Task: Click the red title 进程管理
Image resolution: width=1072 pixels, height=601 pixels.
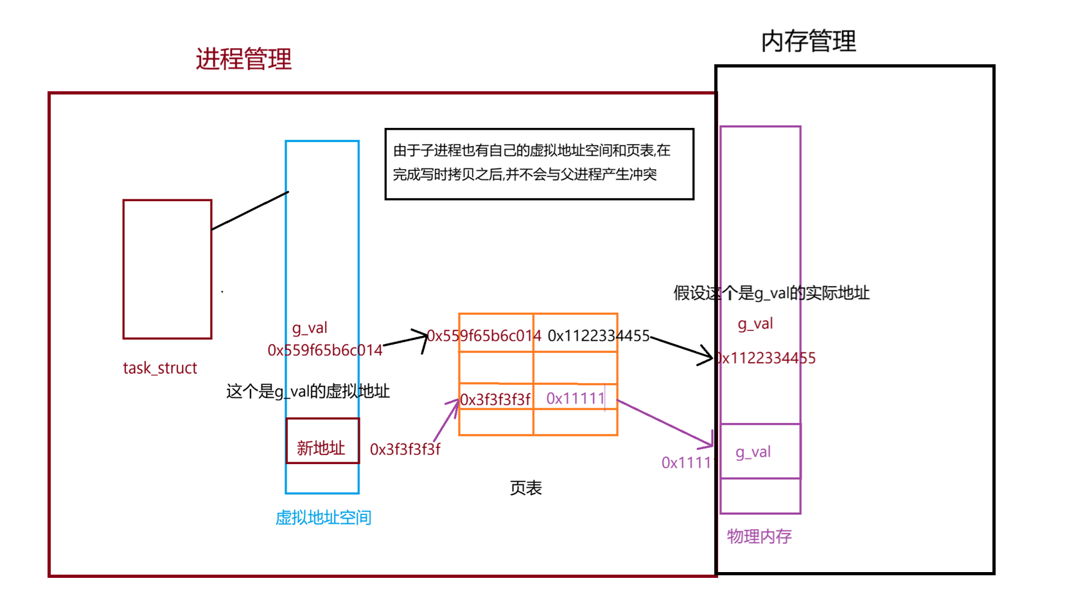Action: coord(243,59)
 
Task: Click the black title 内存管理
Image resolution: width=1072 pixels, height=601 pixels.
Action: coord(808,41)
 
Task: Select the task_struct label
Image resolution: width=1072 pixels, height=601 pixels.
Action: coord(160,368)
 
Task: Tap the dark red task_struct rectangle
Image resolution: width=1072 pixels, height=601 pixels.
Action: coord(167,269)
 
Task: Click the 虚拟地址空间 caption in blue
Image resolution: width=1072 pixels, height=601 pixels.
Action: coord(323,517)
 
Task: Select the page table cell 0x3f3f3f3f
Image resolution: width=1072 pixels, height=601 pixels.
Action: coord(495,399)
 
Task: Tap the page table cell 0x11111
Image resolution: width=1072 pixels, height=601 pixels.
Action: coord(576,399)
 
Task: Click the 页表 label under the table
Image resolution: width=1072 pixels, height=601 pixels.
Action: coord(525,488)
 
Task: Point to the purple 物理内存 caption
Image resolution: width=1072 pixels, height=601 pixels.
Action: coord(759,536)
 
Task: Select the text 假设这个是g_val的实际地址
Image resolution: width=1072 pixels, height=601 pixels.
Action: coord(771,293)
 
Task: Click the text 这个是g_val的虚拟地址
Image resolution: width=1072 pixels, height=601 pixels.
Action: coord(308,391)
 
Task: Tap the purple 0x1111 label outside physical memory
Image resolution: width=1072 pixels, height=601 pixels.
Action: coord(686,463)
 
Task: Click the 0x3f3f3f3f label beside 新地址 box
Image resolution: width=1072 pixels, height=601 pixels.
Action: coord(405,449)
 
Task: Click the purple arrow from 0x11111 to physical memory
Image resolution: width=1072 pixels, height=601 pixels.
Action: coord(665,423)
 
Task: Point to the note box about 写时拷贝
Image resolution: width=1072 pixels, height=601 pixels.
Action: coord(539,164)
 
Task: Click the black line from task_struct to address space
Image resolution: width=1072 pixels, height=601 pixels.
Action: coord(250,210)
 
